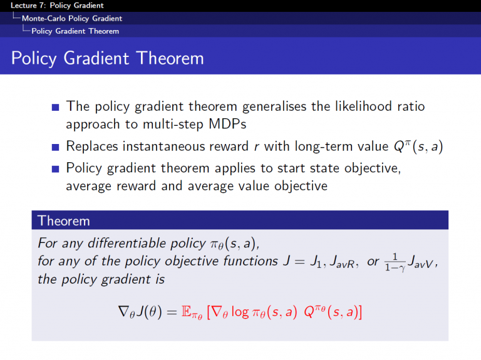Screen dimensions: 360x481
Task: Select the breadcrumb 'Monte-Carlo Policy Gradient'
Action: [x=71, y=18]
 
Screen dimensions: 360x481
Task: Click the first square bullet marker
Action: [x=56, y=107]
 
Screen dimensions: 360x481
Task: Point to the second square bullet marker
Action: [x=56, y=148]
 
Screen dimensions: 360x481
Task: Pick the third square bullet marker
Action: [x=56, y=168]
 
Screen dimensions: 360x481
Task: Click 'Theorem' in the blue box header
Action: [x=64, y=220]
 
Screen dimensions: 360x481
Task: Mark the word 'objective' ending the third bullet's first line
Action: [x=372, y=168]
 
